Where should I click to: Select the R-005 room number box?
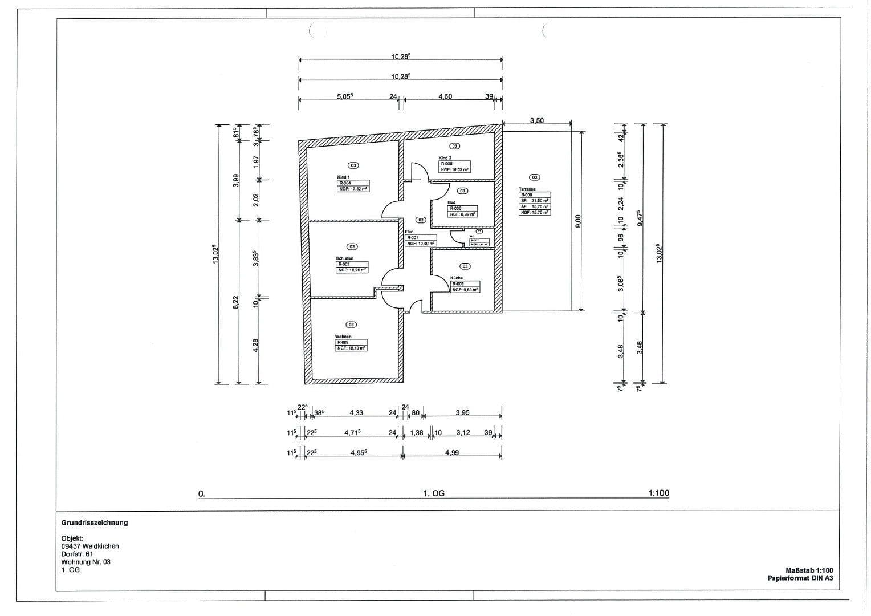click(x=446, y=164)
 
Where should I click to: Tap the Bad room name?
click(x=451, y=202)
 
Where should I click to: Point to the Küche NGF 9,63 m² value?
click(x=465, y=290)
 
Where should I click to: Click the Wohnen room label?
click(x=343, y=337)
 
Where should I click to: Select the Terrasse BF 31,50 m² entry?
click(x=534, y=201)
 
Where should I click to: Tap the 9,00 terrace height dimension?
click(x=577, y=221)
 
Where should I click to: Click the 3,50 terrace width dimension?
click(x=536, y=120)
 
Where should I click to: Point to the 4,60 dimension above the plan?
click(x=445, y=96)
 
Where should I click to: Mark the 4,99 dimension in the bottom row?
click(x=451, y=452)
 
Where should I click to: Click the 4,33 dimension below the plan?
click(x=356, y=412)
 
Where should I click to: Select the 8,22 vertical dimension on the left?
click(x=236, y=302)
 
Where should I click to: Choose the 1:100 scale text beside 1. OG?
click(x=658, y=493)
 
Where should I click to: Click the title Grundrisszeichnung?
click(x=95, y=522)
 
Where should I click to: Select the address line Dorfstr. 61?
click(x=77, y=554)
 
